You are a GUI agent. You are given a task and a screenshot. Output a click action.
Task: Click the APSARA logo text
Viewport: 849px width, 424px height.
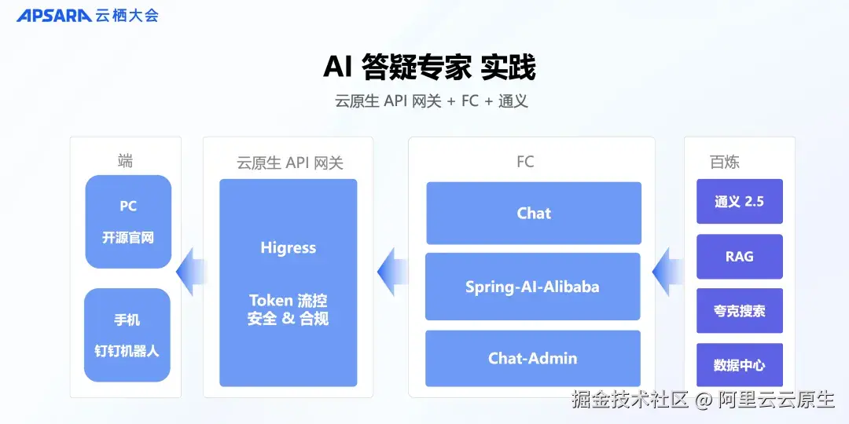tap(53, 16)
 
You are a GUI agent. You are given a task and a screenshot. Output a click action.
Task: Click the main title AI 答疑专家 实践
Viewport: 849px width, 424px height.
tap(429, 68)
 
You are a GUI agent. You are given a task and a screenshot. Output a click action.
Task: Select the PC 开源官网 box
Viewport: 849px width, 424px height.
tap(128, 222)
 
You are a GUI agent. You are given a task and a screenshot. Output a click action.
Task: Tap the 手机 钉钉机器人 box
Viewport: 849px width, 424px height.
tap(127, 335)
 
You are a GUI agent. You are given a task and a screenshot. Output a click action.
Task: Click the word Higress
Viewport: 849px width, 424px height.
tap(288, 248)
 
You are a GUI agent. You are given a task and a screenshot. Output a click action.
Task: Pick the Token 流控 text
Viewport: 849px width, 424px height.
tap(288, 301)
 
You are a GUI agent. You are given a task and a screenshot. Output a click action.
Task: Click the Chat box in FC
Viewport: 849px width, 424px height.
tap(534, 213)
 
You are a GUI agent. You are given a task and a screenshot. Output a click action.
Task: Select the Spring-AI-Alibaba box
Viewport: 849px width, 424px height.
tap(532, 287)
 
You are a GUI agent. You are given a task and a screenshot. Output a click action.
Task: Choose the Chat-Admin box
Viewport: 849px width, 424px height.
tap(532, 359)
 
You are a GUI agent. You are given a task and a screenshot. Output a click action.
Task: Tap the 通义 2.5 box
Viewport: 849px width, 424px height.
tap(739, 202)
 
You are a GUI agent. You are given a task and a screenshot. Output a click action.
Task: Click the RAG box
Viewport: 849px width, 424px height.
tap(739, 257)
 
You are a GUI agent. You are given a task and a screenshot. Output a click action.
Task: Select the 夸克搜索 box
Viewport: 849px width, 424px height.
tap(739, 311)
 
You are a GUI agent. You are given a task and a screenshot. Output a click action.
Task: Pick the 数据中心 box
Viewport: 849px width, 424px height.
tap(739, 365)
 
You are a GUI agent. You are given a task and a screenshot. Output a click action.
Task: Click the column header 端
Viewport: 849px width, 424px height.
tap(126, 162)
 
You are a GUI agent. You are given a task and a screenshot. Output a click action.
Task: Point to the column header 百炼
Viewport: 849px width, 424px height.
tap(724, 163)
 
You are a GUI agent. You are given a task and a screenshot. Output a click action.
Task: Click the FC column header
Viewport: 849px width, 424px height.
tap(525, 162)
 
